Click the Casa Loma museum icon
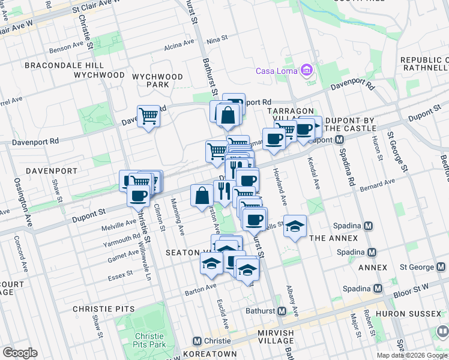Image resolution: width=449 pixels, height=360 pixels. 307,71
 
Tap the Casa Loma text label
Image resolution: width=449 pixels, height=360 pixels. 278,71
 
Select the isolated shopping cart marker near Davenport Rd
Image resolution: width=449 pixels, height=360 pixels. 148,116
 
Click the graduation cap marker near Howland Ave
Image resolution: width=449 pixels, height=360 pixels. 295,226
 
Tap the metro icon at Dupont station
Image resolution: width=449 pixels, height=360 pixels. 340,139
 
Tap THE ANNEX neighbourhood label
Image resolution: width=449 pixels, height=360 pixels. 333,238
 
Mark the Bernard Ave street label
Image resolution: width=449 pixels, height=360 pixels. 377,185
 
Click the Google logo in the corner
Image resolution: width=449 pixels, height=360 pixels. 20,353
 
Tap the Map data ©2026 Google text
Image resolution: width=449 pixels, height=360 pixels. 412,355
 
